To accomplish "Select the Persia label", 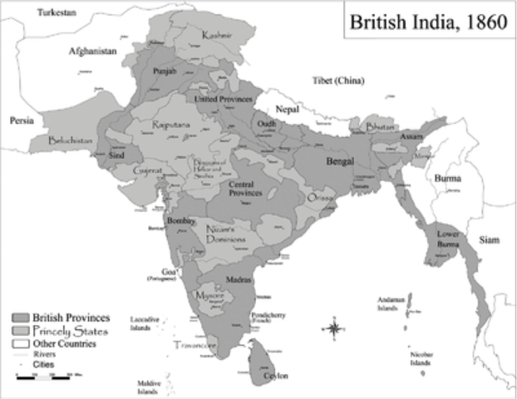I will tap(22, 121).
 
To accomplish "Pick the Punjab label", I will tap(167, 72).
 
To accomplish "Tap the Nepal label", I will tap(288, 109).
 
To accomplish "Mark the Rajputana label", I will tap(171, 125).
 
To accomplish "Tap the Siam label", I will tap(489, 240).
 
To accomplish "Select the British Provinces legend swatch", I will tap(20, 318).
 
